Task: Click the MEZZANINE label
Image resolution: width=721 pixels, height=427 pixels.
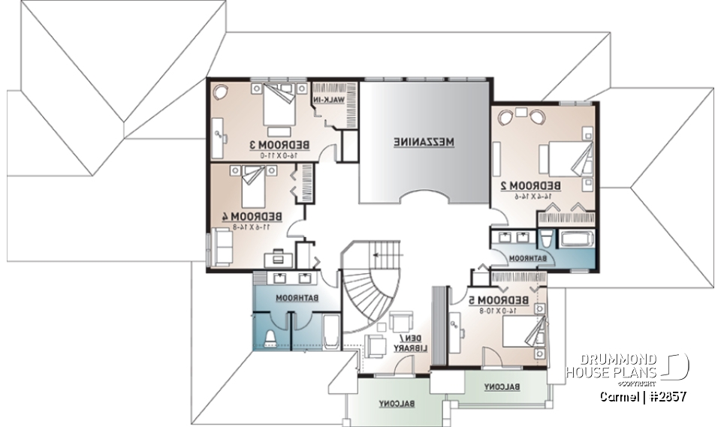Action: coord(425,141)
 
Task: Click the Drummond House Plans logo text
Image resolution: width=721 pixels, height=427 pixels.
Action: coord(612,366)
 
